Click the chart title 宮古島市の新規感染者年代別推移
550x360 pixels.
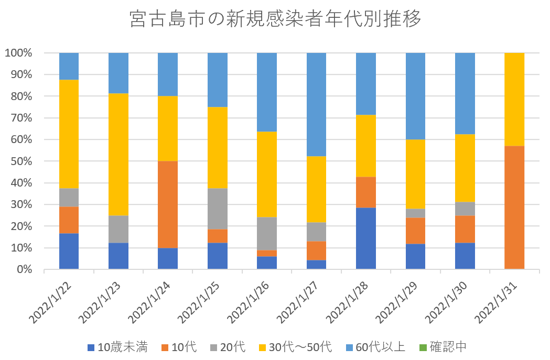point(275,19)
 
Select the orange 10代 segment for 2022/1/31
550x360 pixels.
point(514,207)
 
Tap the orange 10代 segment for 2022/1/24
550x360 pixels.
point(168,204)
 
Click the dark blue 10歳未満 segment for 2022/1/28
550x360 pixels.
point(366,238)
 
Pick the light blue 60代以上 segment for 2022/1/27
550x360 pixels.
point(316,104)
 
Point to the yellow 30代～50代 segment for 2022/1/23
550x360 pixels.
point(118,155)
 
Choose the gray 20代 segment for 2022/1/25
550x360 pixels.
point(218,209)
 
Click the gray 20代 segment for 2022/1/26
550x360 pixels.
point(267,234)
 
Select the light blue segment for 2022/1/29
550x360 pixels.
point(415,96)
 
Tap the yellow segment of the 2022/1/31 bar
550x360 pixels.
point(514,99)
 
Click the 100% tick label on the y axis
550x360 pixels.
point(19,53)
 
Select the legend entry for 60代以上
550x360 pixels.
point(375,346)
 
